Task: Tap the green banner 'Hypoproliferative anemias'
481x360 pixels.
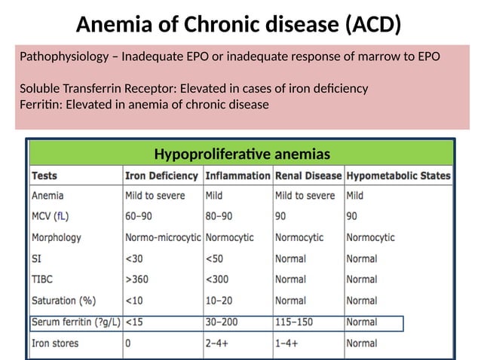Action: [241, 154]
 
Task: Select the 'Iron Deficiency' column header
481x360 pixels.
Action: [162, 176]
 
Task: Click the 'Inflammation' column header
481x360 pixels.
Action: [237, 176]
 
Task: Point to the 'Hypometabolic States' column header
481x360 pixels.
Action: [398, 176]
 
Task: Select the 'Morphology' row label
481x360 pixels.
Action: [56, 237]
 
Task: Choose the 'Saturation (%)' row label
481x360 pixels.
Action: [63, 301]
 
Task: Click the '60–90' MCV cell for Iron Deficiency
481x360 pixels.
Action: [141, 216]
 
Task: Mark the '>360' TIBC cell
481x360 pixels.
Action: [139, 279]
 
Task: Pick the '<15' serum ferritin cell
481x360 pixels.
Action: [135, 323]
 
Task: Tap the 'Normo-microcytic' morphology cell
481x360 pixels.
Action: [164, 237]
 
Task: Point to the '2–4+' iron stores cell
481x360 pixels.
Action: [219, 343]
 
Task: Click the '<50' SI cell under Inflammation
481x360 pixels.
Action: [214, 258]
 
